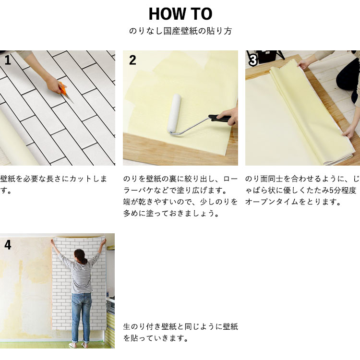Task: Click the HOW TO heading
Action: (x=180, y=14)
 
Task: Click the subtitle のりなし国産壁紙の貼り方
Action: (x=180, y=31)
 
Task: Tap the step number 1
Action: (x=8, y=60)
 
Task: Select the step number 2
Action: (x=132, y=60)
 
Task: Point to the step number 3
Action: (x=253, y=60)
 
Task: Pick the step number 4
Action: (x=8, y=245)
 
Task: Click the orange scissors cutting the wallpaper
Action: (x=65, y=91)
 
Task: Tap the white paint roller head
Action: (x=174, y=113)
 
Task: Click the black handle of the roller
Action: (x=219, y=118)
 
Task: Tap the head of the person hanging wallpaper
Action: (x=80, y=256)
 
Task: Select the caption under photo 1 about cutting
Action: (x=53, y=185)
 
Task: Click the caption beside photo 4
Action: (x=180, y=332)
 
